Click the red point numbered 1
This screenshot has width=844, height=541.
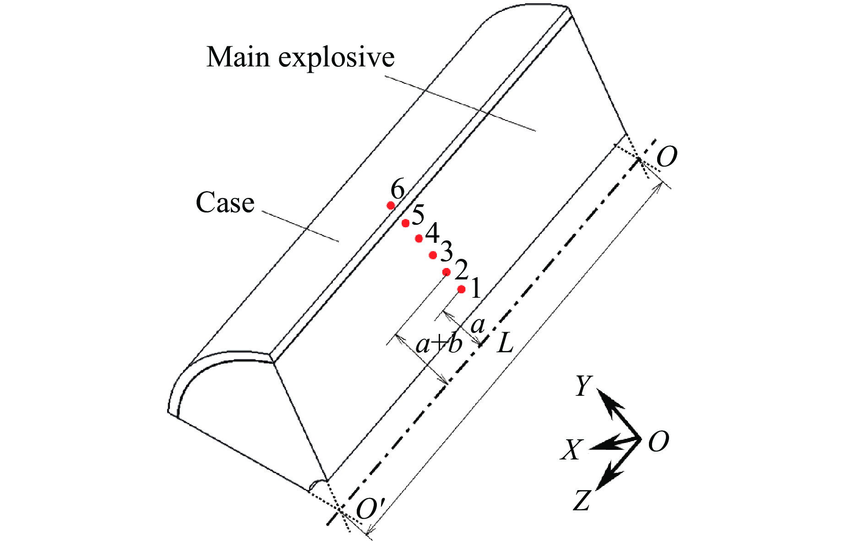pos(461,289)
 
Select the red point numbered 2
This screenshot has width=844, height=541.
pos(447,272)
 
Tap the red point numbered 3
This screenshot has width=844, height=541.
pos(433,255)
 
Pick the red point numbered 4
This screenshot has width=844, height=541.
pos(419,239)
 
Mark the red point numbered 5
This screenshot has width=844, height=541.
pos(405,223)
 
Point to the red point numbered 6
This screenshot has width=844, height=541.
pos(391,205)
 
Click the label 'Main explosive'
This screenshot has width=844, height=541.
pos(300,58)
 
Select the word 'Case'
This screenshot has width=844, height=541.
pos(225,202)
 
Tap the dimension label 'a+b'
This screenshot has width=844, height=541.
pos(438,344)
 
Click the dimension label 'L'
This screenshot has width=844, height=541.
pos(505,344)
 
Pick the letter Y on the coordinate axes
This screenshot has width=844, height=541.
pos(583,386)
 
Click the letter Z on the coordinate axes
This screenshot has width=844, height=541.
pos(582,500)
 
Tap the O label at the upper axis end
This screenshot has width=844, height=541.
pos(666,158)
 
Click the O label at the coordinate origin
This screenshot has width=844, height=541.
pos(659,442)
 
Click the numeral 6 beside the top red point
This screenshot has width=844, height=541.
pos(397,189)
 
